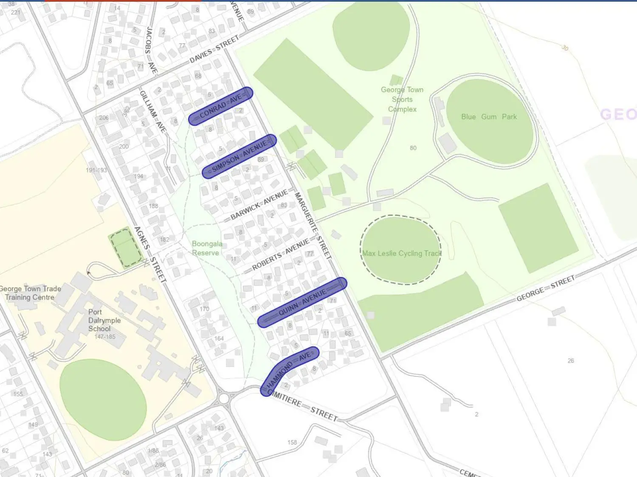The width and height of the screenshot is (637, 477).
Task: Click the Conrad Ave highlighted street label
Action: [220, 106]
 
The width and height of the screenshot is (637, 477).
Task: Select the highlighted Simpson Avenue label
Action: [240, 156]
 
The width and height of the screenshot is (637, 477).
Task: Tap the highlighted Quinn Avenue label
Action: [302, 302]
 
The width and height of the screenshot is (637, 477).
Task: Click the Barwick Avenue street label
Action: [259, 206]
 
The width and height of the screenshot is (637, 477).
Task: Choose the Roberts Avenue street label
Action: [280, 254]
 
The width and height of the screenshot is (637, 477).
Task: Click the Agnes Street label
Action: [150, 254]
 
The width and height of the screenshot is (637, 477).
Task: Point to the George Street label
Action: [545, 288]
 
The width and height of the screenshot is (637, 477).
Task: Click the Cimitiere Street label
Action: [304, 406]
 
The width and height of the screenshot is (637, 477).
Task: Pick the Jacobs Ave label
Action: [150, 50]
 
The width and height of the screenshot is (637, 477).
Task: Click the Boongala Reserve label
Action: [206, 248]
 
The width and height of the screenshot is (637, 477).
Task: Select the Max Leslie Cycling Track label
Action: [402, 253]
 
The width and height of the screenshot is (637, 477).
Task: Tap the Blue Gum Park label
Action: [489, 117]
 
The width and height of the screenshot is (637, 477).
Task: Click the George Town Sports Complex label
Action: [402, 99]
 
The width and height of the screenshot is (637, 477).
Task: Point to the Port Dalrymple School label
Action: [104, 320]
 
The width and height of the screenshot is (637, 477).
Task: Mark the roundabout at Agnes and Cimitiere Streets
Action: [224, 398]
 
